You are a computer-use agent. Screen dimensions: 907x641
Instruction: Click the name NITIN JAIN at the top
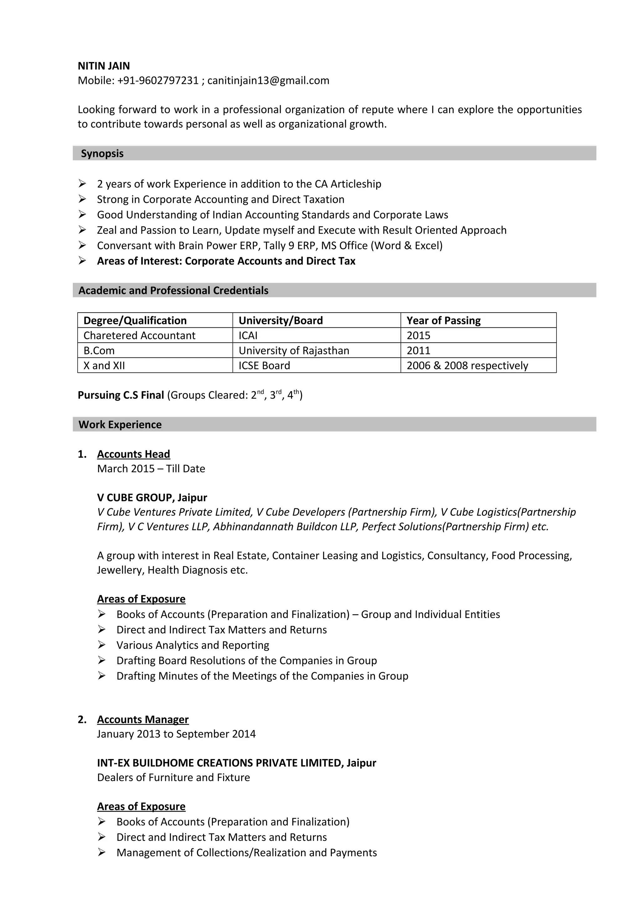[104, 66]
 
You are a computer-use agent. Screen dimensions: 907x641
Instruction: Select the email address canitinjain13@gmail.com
[268, 80]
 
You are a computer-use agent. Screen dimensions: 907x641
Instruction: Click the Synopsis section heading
[102, 153]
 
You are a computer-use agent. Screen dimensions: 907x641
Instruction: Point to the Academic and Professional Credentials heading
[173, 290]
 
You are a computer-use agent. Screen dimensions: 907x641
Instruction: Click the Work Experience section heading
[120, 424]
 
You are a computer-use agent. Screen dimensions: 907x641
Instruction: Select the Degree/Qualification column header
[135, 320]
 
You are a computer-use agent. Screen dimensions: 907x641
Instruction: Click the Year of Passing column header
[444, 320]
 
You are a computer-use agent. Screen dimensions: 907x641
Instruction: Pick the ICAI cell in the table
[248, 336]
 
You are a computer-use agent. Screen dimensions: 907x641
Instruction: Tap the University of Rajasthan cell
[294, 351]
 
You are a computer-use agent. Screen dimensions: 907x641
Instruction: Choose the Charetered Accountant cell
[139, 336]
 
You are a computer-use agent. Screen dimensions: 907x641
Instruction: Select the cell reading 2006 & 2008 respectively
[467, 366]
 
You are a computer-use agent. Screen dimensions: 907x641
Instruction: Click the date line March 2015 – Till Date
[151, 469]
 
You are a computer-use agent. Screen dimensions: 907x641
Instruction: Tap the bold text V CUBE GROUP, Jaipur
[152, 497]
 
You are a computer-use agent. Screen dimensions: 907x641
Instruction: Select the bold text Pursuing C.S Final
[121, 395]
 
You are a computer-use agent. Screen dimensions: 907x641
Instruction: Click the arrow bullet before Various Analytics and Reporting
[102, 645]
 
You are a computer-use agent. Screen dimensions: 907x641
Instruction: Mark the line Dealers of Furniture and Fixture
[173, 777]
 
